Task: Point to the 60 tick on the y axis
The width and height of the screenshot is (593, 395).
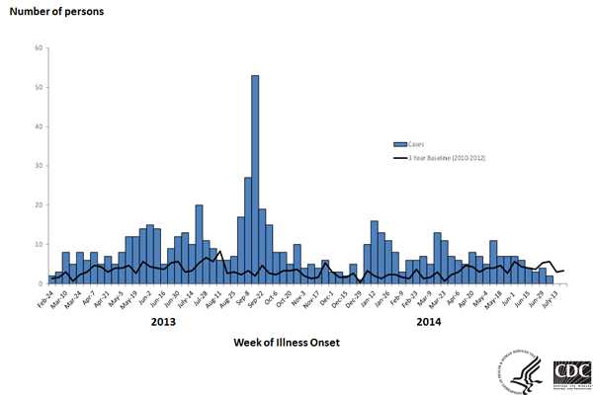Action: pos(40,47)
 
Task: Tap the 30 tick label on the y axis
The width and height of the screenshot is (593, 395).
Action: pos(40,166)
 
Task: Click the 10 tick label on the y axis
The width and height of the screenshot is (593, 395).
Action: pos(40,244)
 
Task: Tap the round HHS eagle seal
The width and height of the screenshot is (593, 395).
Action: pos(522,372)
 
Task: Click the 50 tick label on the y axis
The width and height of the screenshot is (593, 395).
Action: pos(40,87)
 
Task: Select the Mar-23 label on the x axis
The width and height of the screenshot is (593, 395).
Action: pos(436,299)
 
